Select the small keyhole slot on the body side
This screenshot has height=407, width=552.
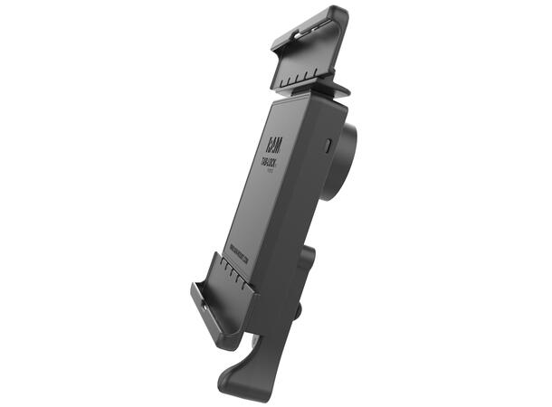(328, 145)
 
